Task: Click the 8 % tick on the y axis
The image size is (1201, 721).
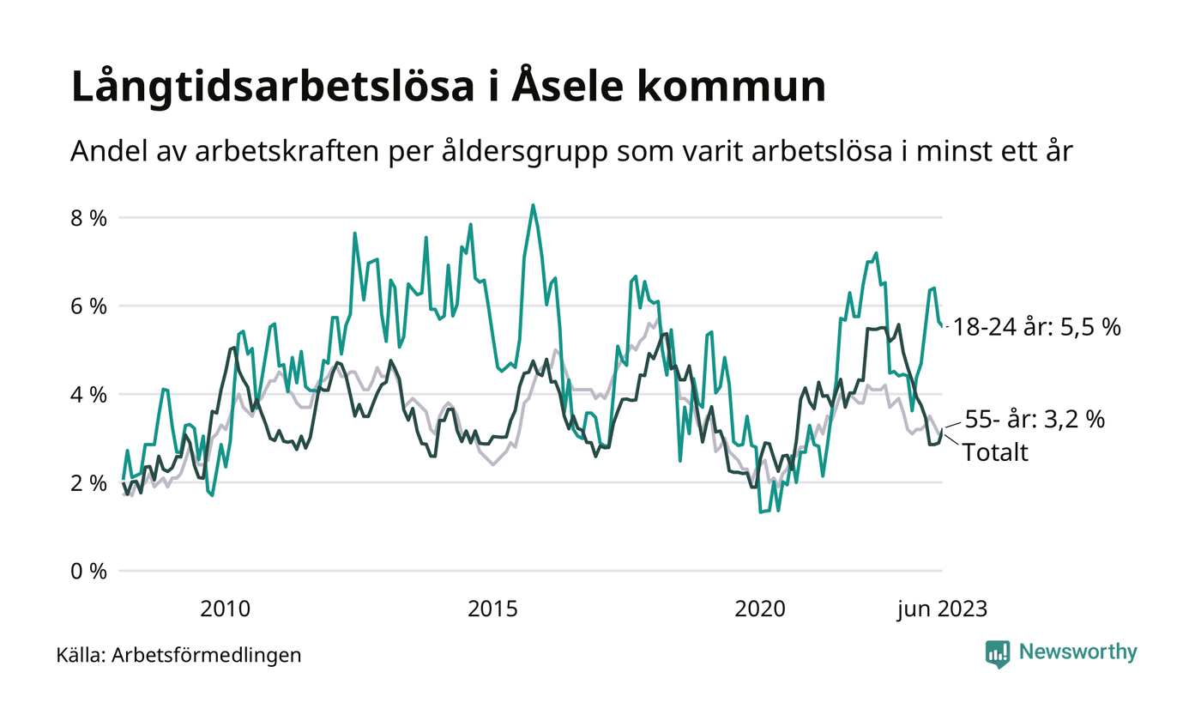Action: (x=88, y=218)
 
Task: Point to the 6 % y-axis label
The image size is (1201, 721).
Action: (x=88, y=306)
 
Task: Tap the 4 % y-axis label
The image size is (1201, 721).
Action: (x=88, y=395)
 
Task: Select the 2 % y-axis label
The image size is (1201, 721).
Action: (x=88, y=482)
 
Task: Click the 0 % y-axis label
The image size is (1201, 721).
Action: (x=88, y=571)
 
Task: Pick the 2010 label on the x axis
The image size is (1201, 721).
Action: (x=225, y=609)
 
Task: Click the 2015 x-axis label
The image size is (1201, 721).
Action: (x=492, y=609)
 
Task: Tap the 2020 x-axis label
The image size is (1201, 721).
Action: (x=760, y=609)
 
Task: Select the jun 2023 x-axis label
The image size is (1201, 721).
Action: (x=942, y=609)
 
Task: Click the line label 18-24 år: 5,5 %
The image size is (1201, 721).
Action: (x=1036, y=327)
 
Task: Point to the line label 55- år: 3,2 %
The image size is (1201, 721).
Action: (x=1035, y=420)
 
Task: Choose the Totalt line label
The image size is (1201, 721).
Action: (x=995, y=452)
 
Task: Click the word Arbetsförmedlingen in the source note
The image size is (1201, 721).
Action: (x=207, y=656)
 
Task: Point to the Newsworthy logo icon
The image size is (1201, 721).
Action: (x=998, y=653)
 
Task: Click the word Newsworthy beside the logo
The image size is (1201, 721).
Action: (x=1077, y=652)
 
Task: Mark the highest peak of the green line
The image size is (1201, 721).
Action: (x=533, y=205)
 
